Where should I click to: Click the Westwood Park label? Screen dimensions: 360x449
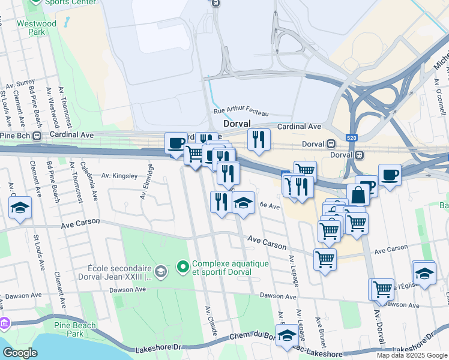point(41,28)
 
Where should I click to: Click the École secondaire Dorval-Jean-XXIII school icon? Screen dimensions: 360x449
point(160,272)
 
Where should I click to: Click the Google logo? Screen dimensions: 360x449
point(20,353)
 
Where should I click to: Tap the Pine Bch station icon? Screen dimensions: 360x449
point(37,136)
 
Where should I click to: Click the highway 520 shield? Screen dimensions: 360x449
point(351,139)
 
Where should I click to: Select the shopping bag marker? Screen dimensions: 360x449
point(358,195)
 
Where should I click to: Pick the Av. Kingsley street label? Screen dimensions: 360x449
point(119,176)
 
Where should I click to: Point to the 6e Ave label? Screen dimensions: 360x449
point(270,206)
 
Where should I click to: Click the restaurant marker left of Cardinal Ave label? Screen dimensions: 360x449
point(259,140)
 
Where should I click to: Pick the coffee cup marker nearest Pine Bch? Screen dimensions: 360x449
point(176,143)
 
